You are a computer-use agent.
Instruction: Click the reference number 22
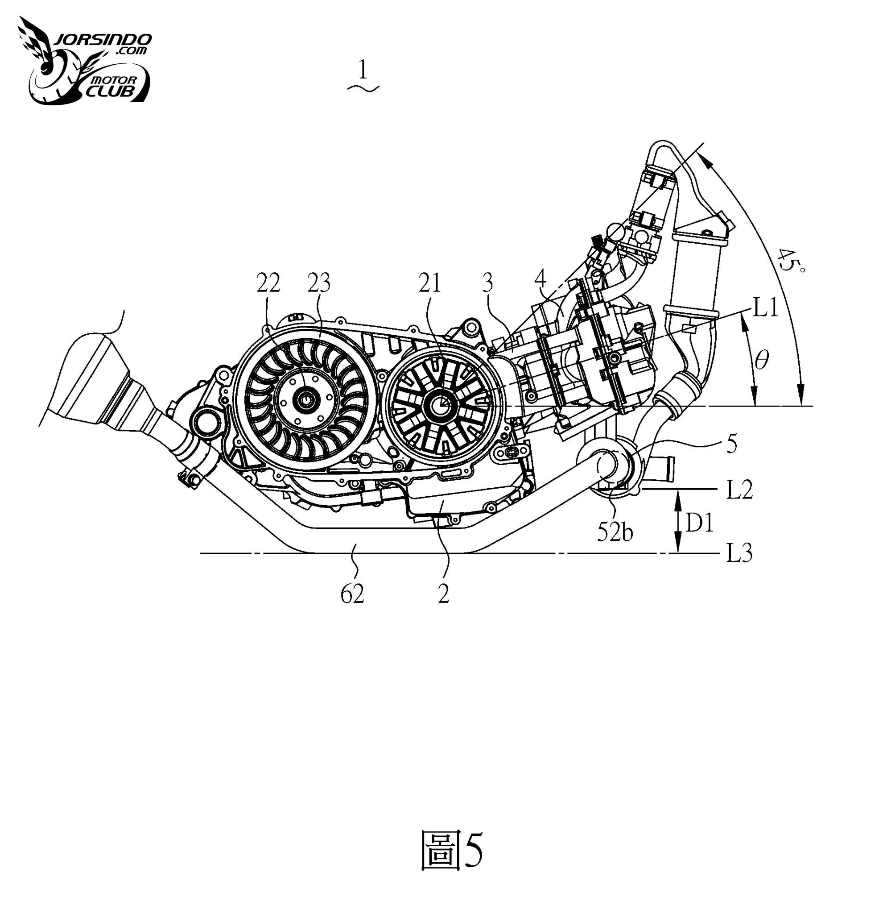268,283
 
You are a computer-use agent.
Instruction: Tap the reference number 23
318,283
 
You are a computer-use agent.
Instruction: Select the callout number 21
429,283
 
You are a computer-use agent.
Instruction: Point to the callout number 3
487,283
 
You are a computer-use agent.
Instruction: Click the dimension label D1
699,523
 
